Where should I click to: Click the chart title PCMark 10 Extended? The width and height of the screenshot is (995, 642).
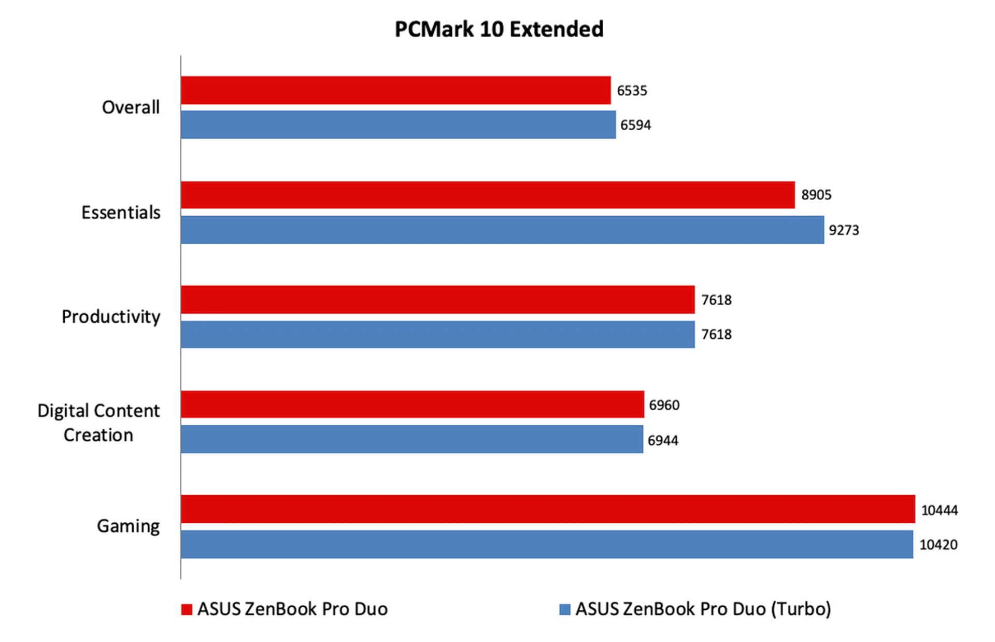tap(499, 30)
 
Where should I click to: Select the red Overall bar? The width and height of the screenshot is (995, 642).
tap(395, 90)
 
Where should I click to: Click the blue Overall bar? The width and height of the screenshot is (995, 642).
tap(398, 124)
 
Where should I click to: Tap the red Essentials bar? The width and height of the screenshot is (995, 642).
tap(487, 195)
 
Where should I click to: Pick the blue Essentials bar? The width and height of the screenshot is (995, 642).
tap(502, 230)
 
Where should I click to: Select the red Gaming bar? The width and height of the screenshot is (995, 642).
tap(548, 509)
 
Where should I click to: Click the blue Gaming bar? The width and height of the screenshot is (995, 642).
tap(547, 544)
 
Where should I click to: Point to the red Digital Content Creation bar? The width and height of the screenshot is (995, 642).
tap(412, 404)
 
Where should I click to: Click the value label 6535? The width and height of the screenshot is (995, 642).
tap(632, 91)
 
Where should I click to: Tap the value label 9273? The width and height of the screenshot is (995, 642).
tap(844, 230)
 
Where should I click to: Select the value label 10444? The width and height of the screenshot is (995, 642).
tap(939, 510)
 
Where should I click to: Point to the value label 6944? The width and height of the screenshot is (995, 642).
tap(663, 441)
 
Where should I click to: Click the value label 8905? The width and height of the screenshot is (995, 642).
tap(816, 195)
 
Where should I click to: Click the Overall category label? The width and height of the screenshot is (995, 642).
tap(131, 107)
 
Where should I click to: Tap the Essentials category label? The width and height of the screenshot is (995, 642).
tap(121, 213)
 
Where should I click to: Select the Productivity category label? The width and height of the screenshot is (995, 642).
tap(111, 317)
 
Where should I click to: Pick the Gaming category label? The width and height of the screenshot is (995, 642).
tap(128, 526)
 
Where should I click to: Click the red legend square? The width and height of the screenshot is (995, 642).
tap(187, 609)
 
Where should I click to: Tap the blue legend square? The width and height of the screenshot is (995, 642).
tap(565, 609)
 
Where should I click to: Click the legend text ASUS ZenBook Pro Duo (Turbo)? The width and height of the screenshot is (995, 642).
tap(703, 609)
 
